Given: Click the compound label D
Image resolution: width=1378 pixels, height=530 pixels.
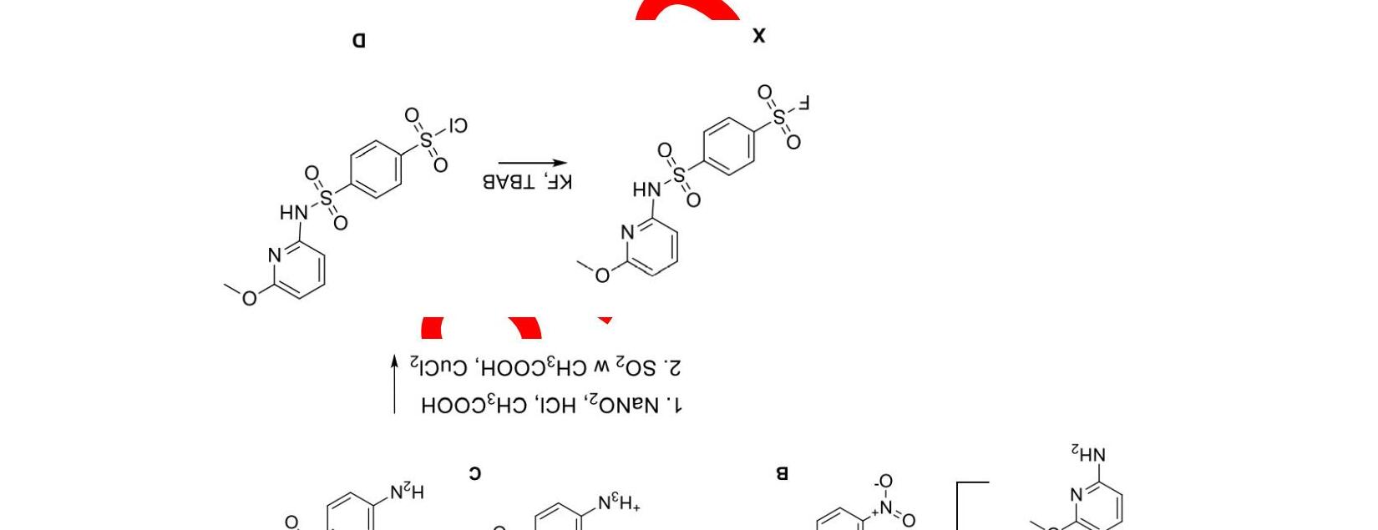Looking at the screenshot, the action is click(x=358, y=40).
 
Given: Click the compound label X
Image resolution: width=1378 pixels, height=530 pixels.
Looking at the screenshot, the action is click(x=758, y=35).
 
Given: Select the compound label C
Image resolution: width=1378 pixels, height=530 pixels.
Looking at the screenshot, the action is click(x=474, y=473).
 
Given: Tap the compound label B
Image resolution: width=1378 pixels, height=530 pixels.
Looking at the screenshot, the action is click(x=782, y=473).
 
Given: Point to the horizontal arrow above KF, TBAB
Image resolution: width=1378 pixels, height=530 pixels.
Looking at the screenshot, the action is click(x=533, y=164).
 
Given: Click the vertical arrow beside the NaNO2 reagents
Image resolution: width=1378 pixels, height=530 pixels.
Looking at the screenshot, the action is click(x=395, y=384).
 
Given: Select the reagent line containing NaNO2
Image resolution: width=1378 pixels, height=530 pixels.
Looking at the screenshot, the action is click(x=551, y=405).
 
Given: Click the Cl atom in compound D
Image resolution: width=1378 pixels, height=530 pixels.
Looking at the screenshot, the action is click(x=457, y=126).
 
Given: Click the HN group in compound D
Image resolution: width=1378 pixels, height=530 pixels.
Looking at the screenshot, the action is click(x=293, y=213).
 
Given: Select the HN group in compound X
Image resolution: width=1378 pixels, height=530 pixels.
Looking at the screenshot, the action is click(x=646, y=190).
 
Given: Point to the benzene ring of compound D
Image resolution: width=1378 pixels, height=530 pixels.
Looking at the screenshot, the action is click(x=376, y=169).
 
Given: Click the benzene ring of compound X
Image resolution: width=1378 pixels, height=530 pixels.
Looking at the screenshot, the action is click(x=729, y=146).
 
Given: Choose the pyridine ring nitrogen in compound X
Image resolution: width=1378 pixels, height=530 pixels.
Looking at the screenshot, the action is click(x=628, y=232).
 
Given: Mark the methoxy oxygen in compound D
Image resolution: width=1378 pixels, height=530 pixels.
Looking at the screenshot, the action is click(x=249, y=297).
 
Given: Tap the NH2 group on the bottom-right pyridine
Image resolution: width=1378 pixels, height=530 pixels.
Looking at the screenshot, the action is click(x=1088, y=455).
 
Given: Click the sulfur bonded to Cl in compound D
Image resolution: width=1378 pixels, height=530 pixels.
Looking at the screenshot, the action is click(x=427, y=139).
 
